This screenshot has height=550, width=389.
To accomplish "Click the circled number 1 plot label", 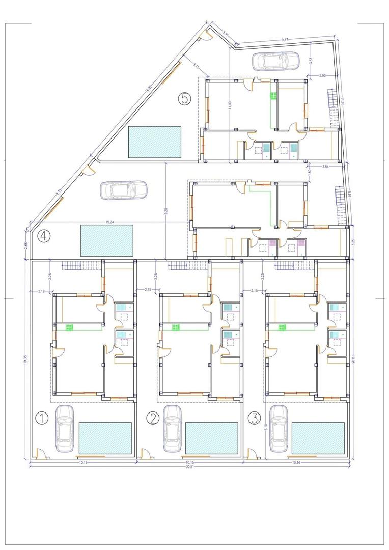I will (42, 418).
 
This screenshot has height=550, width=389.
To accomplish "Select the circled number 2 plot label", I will (153, 418).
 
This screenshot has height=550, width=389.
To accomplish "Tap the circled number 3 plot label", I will (254, 418).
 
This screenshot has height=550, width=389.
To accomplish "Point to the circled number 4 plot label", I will (45, 235).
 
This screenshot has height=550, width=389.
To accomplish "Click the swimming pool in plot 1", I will (106, 437).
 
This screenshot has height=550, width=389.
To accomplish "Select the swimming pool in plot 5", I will (155, 142).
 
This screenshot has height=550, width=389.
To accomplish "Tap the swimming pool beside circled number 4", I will (106, 240).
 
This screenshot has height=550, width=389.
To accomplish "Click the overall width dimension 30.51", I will (190, 467).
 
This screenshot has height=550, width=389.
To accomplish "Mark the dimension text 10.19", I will (85, 462).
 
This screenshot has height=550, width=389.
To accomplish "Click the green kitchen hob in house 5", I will (273, 95).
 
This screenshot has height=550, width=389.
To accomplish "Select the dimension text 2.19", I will (41, 291).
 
